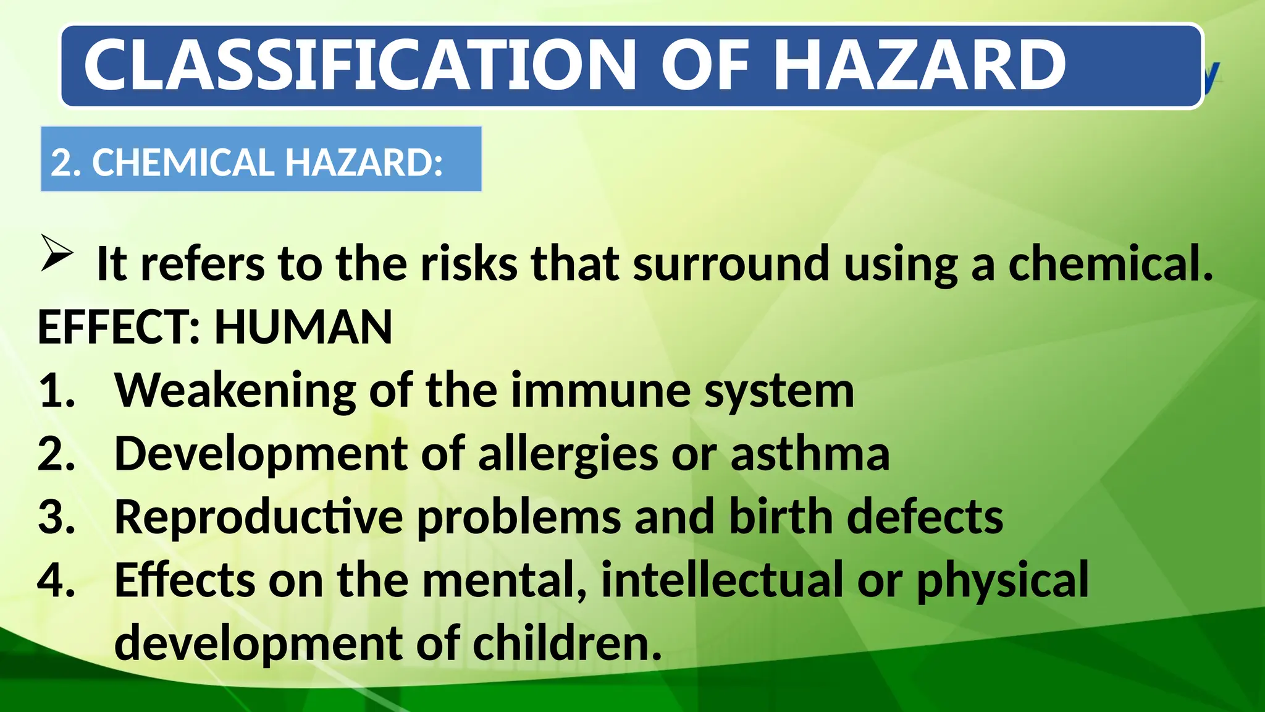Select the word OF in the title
[x=705, y=65]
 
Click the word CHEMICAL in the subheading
[x=183, y=163]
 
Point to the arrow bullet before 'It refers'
[x=57, y=253]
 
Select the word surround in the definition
[x=731, y=264]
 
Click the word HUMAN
[x=303, y=327]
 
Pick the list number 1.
[x=56, y=391]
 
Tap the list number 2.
[x=56, y=454]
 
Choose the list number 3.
[x=56, y=517]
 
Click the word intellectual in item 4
[x=722, y=580]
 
